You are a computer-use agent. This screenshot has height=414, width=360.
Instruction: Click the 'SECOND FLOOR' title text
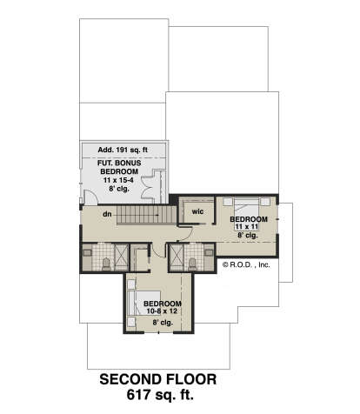click(158, 379)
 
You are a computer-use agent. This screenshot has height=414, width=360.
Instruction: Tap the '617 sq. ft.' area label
click(160, 395)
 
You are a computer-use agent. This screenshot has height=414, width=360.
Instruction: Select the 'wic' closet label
click(197, 211)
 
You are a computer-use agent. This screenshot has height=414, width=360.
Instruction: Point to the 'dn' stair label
click(107, 214)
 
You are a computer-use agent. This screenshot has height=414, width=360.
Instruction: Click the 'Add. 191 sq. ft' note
click(123, 150)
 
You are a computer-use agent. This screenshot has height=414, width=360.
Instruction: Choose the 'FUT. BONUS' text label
click(119, 163)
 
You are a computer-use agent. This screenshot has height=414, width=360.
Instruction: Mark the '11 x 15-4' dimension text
click(118, 180)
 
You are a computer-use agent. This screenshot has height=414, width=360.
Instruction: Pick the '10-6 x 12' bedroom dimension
click(162, 311)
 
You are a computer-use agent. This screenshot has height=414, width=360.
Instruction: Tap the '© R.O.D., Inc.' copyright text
click(246, 264)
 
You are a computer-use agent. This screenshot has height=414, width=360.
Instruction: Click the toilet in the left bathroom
click(106, 264)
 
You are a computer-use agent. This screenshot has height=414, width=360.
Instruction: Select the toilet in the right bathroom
click(192, 264)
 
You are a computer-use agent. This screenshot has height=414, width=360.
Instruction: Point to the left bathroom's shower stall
click(122, 257)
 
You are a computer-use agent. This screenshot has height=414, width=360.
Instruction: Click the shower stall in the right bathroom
click(177, 257)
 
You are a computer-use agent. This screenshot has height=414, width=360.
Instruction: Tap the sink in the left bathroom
click(87, 252)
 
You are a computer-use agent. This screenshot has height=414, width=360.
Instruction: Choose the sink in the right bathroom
click(209, 252)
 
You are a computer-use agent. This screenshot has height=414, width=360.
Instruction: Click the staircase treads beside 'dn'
click(147, 215)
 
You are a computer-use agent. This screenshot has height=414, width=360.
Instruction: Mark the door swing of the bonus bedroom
click(91, 197)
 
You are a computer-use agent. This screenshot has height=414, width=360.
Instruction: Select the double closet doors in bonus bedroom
click(149, 186)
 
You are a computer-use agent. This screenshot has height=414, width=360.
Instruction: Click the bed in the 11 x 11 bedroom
click(246, 210)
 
